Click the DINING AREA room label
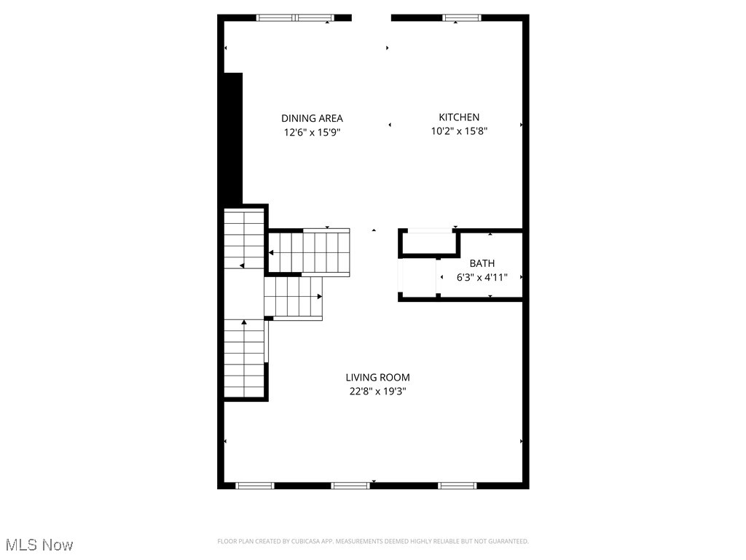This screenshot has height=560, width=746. click(312, 118)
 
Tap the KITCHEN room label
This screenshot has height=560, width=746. click(459, 117)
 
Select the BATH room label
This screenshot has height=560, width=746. click(482, 263)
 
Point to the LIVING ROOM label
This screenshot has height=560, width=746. click(377, 377)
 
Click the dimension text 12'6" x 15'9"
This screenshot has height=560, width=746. click(312, 133)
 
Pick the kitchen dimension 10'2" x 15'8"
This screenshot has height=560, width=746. click(459, 131)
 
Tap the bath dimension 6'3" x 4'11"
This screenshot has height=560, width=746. click(482, 277)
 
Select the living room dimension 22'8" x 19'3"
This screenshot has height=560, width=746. click(377, 392)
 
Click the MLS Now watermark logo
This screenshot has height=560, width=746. click(39, 545)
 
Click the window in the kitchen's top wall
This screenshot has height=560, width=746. click(462, 17)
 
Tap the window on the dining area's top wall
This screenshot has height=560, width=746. click(295, 17)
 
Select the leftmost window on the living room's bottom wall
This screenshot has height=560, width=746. click(254, 485)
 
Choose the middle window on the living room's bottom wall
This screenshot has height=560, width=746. click(350, 485)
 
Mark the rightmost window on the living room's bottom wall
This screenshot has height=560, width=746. click(458, 485)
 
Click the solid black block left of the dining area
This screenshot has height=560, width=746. click(232, 139)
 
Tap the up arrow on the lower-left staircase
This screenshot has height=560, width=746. click(244, 322)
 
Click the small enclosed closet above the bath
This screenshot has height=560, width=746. click(428, 242)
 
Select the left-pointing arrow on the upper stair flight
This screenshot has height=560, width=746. click(271, 252)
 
